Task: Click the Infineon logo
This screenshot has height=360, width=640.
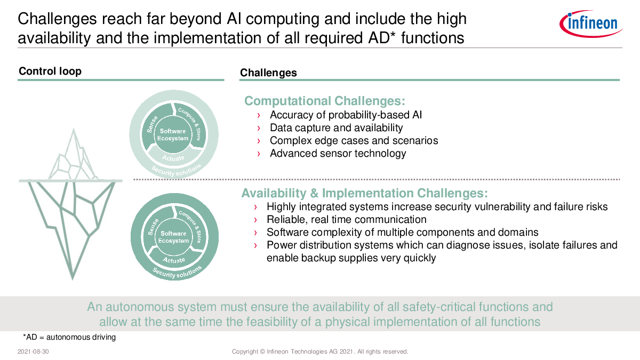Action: [591, 23]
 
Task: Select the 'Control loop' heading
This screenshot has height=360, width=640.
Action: [50, 71]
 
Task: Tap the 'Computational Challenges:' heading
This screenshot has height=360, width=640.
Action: [325, 101]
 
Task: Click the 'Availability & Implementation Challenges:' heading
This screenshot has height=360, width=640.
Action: [365, 193]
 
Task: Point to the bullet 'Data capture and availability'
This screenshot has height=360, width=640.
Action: [337, 127]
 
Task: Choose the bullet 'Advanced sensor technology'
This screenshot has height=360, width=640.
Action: [338, 154]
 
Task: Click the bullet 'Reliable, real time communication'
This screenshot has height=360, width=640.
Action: [347, 219]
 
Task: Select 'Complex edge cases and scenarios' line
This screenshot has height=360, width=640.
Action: [354, 141]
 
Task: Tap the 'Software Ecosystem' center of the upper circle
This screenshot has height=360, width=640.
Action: [173, 134]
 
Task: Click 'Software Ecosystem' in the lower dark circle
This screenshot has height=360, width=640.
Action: [173, 237]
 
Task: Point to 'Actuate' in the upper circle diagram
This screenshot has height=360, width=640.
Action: [173, 158]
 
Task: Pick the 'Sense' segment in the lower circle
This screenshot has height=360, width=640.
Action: [153, 227]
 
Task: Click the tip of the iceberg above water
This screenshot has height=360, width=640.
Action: [74, 129]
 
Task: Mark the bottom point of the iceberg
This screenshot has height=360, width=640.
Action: [73, 279]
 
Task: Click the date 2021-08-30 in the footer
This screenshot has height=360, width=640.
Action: [33, 351]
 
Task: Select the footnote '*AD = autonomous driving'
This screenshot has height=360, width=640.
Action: [69, 337]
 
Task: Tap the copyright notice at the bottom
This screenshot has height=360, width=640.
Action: [319, 351]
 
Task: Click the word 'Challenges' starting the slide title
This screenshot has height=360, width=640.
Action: [57, 19]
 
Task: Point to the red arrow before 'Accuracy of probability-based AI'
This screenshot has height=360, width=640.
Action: [259, 115]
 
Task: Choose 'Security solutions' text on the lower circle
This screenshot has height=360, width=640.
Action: [177, 273]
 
